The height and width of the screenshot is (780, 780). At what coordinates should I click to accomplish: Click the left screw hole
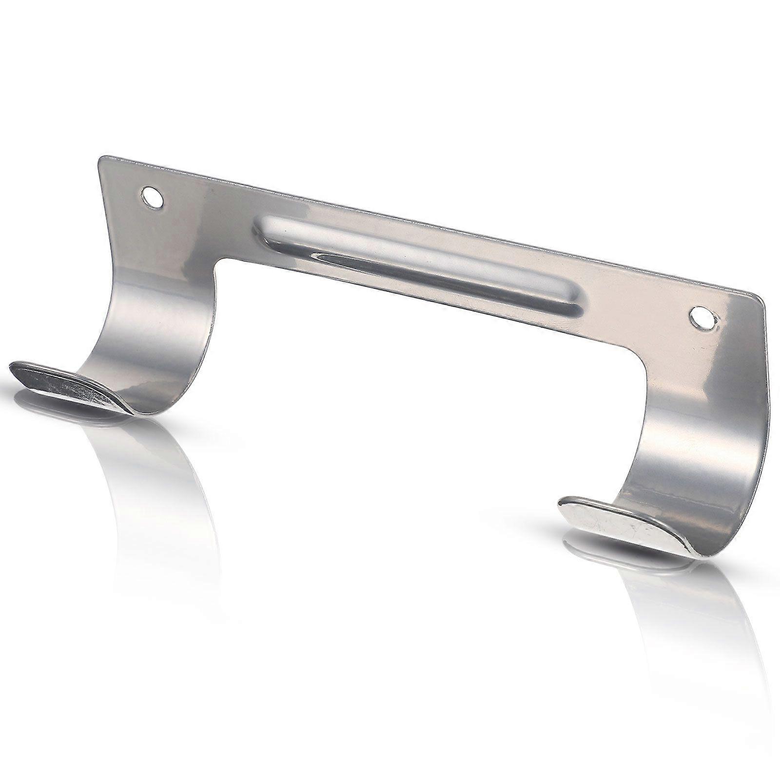tap(152, 197)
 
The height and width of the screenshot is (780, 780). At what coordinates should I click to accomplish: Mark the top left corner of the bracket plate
tap(101, 159)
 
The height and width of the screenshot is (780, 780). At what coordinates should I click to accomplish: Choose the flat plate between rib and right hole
tap(634, 312)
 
